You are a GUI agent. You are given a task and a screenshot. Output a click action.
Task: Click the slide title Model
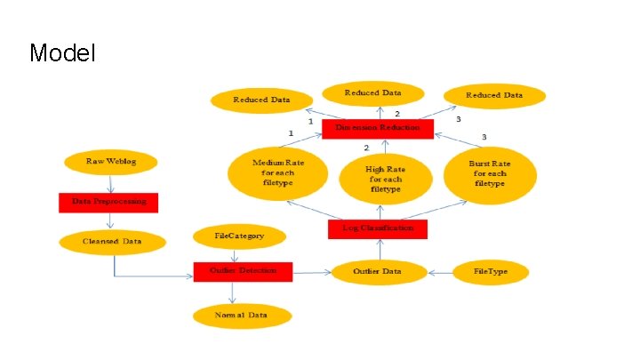[62, 53]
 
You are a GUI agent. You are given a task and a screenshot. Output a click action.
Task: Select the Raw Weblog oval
[110, 162]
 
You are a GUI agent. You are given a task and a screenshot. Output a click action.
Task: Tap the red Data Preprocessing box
[108, 203]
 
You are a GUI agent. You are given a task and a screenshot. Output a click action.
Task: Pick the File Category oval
[240, 236]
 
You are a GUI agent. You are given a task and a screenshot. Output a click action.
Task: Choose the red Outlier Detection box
[243, 271]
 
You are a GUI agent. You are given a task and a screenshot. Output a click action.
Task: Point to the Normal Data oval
[242, 316]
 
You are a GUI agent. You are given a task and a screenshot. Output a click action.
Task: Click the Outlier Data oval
[379, 271]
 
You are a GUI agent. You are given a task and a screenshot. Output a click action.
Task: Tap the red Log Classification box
[378, 229]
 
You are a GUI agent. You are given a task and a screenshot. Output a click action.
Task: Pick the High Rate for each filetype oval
[385, 177]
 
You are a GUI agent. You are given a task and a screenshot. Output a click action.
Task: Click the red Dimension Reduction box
[378, 129]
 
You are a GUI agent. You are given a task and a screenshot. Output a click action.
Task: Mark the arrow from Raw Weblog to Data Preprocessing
[110, 183]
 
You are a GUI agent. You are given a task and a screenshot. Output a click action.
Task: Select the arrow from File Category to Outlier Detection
[236, 255]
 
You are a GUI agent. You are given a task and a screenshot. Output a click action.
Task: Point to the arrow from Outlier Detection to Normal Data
[233, 293]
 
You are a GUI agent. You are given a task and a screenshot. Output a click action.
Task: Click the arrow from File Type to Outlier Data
[439, 271]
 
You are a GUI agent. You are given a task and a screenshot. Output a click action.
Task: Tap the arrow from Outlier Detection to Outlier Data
[312, 271]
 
